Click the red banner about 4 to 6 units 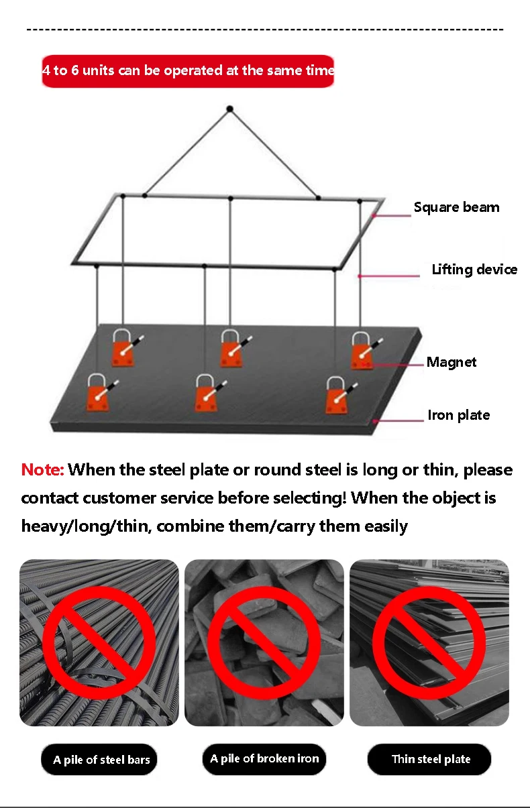pyautogui.click(x=188, y=71)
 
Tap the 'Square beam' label pyautogui.click(x=456, y=207)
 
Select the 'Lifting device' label pyautogui.click(x=474, y=270)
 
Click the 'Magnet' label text pyautogui.click(x=452, y=362)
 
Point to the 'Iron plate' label pyautogui.click(x=459, y=415)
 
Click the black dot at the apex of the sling pyautogui.click(x=230, y=109)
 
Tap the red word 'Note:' pyautogui.click(x=42, y=469)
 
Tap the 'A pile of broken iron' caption pyautogui.click(x=264, y=758)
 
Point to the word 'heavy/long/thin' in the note pyautogui.click(x=87, y=526)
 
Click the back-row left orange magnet pyautogui.click(x=123, y=348)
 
